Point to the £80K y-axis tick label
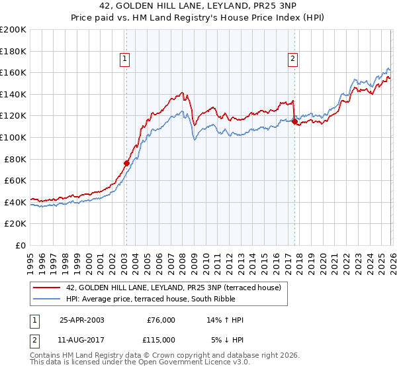[x=15, y=159]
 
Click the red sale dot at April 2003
[x=126, y=163]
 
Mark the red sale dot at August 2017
[x=294, y=121]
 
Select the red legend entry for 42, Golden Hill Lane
[x=173, y=288]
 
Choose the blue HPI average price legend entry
[x=173, y=299]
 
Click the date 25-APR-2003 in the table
[x=81, y=320]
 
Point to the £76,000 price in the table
[x=161, y=320]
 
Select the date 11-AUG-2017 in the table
[x=81, y=340]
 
